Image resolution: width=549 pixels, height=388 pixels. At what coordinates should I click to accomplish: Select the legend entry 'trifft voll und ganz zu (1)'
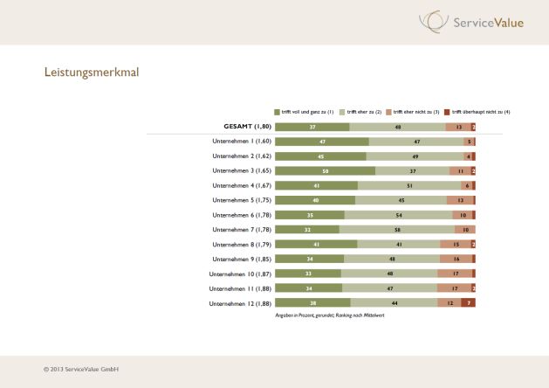(x=305, y=112)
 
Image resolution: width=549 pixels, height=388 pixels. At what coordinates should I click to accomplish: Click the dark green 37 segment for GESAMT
(x=312, y=127)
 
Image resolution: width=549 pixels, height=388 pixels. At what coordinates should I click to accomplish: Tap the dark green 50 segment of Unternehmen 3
(x=325, y=170)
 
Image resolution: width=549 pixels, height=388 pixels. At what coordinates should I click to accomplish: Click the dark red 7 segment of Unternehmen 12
(x=469, y=302)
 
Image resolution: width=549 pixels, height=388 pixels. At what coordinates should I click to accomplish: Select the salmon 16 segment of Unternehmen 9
(x=455, y=259)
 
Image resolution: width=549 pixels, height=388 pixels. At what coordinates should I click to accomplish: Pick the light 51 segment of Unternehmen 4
(x=409, y=185)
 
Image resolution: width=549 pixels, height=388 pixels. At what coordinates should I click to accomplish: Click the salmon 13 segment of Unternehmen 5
(x=459, y=200)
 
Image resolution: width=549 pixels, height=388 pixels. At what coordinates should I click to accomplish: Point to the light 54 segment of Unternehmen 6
(x=399, y=215)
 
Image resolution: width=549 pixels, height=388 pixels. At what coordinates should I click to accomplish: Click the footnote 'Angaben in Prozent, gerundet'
(x=330, y=315)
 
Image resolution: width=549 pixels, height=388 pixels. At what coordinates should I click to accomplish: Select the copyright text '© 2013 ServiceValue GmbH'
(x=81, y=370)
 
